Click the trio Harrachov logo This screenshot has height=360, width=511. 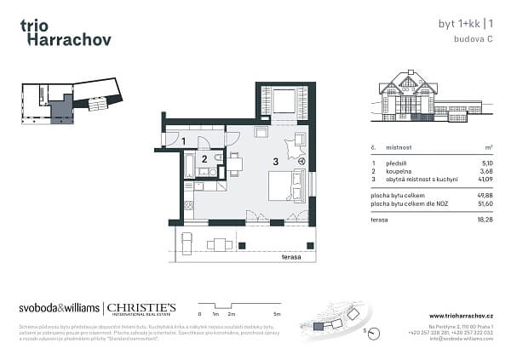pyautogui.click(x=65, y=31)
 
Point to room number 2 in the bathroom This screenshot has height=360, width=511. pyautogui.click(x=204, y=158)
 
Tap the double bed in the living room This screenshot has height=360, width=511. pyautogui.click(x=284, y=185)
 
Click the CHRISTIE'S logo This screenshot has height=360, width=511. pyautogui.click(x=141, y=308)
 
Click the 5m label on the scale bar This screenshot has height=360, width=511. pyautogui.click(x=266, y=314)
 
